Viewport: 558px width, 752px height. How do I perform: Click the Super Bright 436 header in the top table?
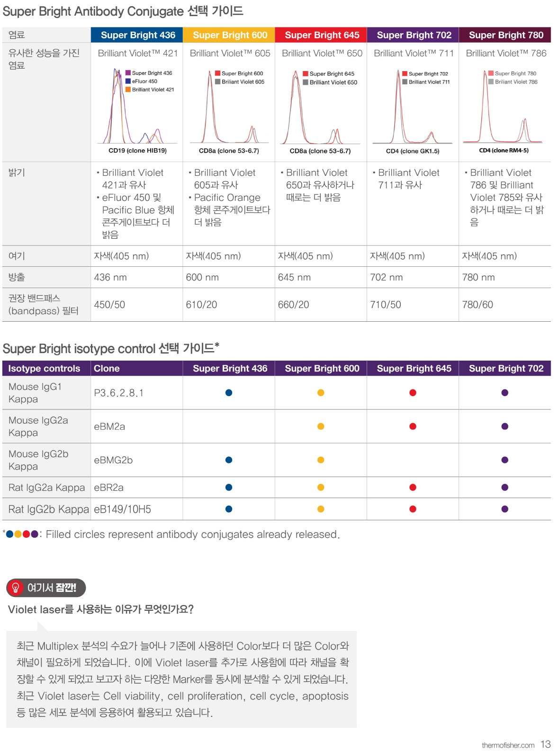coord(137,35)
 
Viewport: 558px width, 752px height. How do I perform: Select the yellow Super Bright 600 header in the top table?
coord(230,35)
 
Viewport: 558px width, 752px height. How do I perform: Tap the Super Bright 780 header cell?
coord(505,35)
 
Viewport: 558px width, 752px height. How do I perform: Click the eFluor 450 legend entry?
coord(144,82)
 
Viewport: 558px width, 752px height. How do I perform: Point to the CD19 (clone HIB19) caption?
coord(137,151)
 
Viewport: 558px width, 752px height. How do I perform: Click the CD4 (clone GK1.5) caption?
coord(412,151)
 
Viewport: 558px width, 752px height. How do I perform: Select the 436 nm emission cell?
coord(110,277)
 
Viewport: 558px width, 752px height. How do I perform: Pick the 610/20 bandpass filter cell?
coord(201,305)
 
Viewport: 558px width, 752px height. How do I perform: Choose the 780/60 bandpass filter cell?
coord(477,305)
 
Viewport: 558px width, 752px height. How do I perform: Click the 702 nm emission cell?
coord(386,277)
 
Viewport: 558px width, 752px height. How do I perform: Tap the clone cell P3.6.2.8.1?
coord(118,393)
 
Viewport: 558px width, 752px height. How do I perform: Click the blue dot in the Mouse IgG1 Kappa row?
coord(229,393)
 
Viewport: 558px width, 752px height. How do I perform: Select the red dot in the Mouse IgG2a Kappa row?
coord(413,426)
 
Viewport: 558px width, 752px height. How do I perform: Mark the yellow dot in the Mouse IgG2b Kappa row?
coord(321,460)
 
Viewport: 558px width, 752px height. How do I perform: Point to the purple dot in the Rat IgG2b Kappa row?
coord(504,509)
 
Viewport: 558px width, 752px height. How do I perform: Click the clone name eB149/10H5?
coord(122,509)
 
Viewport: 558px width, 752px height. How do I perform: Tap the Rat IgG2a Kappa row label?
coord(46,488)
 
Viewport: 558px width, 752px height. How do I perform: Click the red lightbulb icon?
coord(16,588)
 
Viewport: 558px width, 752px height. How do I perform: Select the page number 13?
coord(546,744)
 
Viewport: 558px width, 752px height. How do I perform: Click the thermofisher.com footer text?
coord(508,745)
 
